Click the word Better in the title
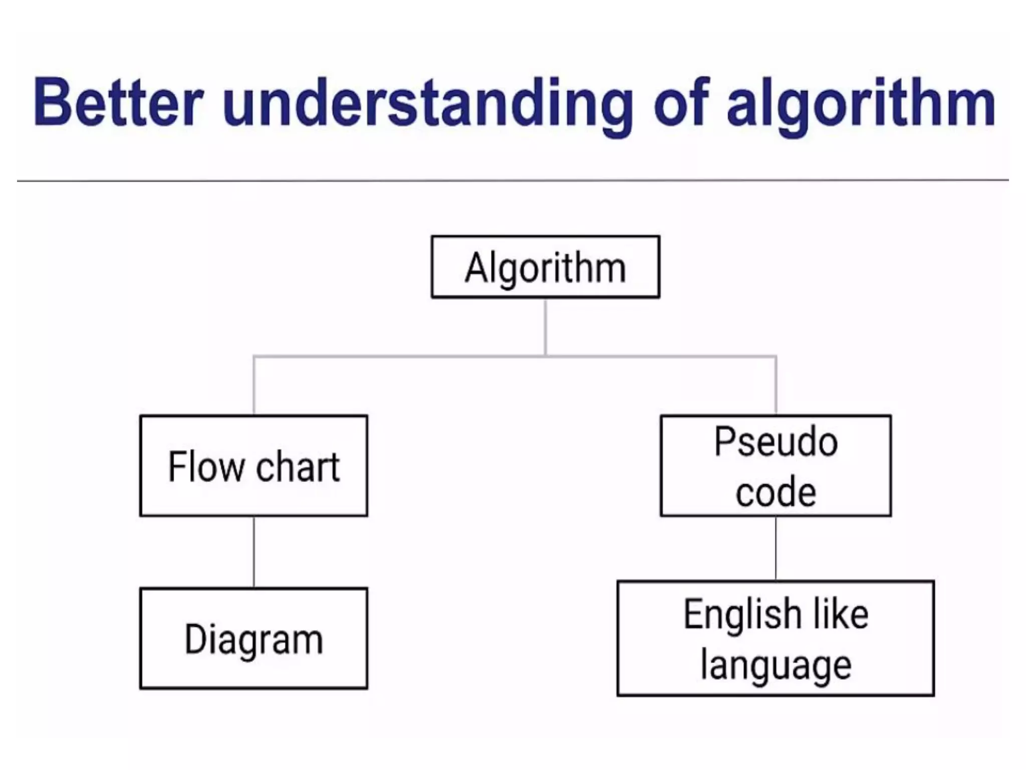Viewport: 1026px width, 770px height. (x=118, y=103)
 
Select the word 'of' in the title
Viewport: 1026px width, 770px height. (x=682, y=103)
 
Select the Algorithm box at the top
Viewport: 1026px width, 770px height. (x=545, y=267)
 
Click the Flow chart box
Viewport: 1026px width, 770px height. (x=253, y=466)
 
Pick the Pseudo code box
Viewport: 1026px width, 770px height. (x=776, y=466)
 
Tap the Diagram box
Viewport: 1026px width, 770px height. (x=253, y=639)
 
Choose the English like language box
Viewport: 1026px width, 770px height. (x=776, y=639)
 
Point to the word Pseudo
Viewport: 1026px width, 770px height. (x=776, y=442)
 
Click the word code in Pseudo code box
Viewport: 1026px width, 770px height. (x=776, y=492)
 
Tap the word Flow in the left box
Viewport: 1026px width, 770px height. (x=205, y=467)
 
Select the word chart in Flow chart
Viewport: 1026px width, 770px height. (x=298, y=467)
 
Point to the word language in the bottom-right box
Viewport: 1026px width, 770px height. (x=776, y=666)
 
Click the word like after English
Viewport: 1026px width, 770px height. (x=841, y=615)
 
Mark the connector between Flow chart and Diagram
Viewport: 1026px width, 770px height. (x=253, y=552)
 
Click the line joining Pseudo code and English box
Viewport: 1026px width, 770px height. (x=776, y=548)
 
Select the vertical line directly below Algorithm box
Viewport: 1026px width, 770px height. (x=545, y=327)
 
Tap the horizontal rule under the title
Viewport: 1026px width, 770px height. (x=513, y=180)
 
